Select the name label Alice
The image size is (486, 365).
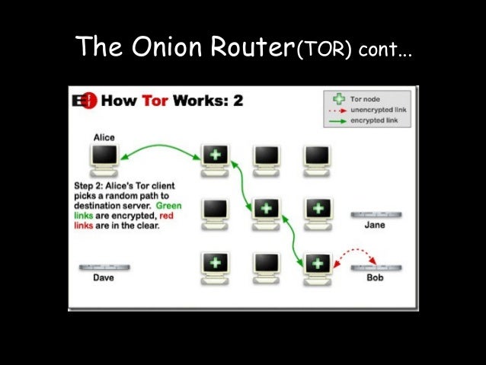[104, 137]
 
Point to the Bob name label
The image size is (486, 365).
[375, 278]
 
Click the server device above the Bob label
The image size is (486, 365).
[376, 267]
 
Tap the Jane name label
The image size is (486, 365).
[375, 226]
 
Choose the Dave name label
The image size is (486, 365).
[104, 278]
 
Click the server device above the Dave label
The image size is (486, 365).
[104, 267]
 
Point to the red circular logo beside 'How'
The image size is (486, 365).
[88, 101]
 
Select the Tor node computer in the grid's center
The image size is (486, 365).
[266, 210]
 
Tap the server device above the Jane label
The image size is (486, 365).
[376, 215]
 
